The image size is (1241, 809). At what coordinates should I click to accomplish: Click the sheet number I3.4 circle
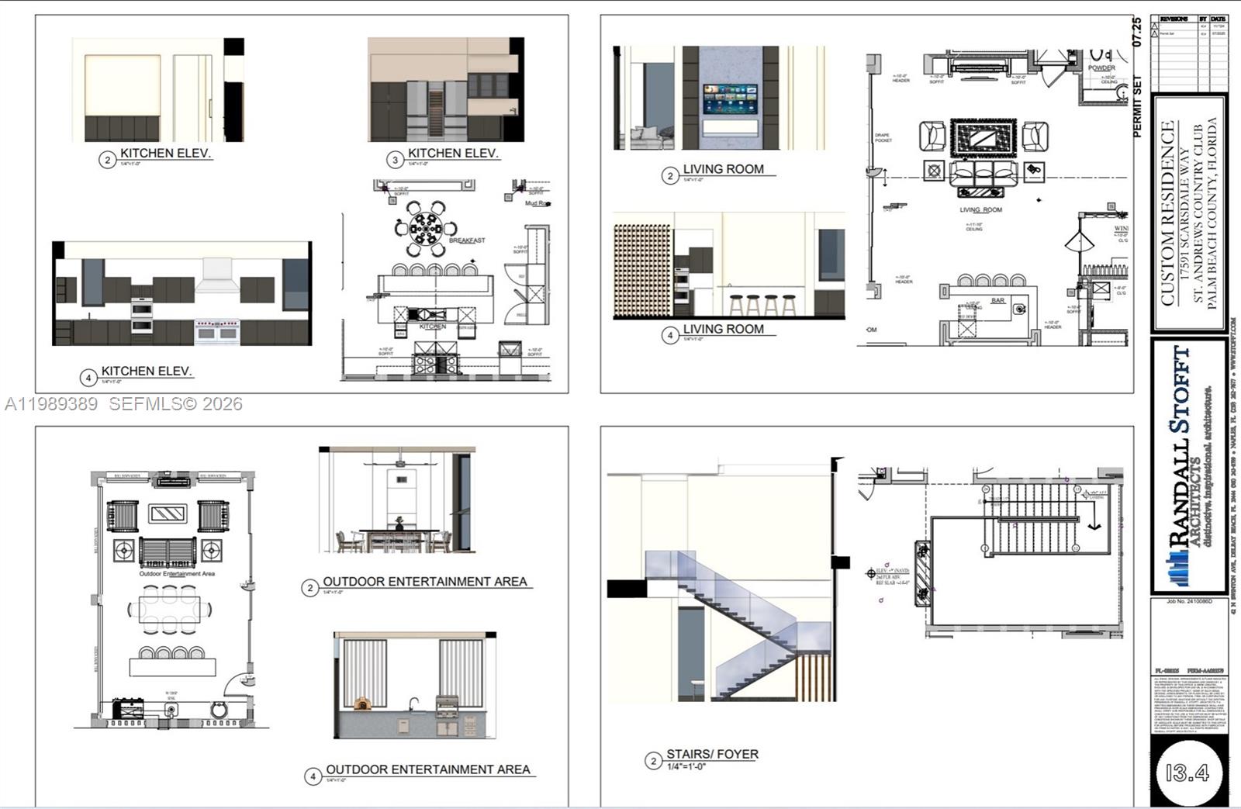1187,772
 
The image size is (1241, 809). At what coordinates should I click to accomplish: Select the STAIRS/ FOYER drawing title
712,754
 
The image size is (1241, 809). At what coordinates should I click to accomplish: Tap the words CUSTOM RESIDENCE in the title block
1168,213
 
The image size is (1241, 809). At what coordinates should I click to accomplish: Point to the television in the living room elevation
730,99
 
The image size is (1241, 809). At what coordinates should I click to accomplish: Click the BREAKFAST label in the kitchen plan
467,240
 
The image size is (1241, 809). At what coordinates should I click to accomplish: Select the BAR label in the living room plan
997,300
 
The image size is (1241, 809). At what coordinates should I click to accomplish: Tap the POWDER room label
1101,68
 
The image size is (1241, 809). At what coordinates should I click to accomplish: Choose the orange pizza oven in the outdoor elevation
363,704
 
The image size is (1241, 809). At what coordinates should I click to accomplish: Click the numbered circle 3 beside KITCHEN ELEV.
395,160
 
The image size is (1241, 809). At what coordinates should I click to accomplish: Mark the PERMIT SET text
1138,106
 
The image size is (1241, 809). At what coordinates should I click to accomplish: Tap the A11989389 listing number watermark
51,404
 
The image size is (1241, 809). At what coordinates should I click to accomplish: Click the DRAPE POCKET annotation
883,138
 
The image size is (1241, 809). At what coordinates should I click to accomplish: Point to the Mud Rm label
538,203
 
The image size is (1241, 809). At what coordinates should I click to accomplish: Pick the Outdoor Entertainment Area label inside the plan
177,574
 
